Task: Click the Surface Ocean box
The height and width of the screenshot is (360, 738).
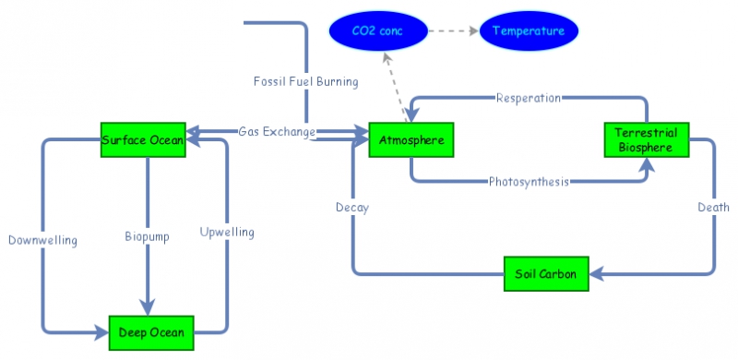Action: coord(143,139)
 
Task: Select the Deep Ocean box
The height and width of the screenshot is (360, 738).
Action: coord(151,332)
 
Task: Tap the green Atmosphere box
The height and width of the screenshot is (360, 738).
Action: coord(411,140)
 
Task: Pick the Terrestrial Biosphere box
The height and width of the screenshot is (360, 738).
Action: coord(646,139)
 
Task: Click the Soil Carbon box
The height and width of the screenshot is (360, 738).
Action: coord(547,273)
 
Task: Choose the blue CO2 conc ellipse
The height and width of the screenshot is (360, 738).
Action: coord(377,31)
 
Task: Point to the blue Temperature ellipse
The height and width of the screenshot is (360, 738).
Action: coord(528,31)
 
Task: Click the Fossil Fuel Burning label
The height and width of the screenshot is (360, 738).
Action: coord(305,81)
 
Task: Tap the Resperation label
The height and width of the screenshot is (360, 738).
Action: coord(530,97)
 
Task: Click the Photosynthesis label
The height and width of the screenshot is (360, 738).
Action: coord(529,181)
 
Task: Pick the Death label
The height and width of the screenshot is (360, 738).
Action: coord(713,208)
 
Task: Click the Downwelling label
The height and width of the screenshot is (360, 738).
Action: coord(42,240)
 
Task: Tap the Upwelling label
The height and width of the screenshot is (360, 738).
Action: coord(227,232)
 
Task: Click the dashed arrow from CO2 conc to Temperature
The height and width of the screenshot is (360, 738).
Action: coord(454,31)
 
